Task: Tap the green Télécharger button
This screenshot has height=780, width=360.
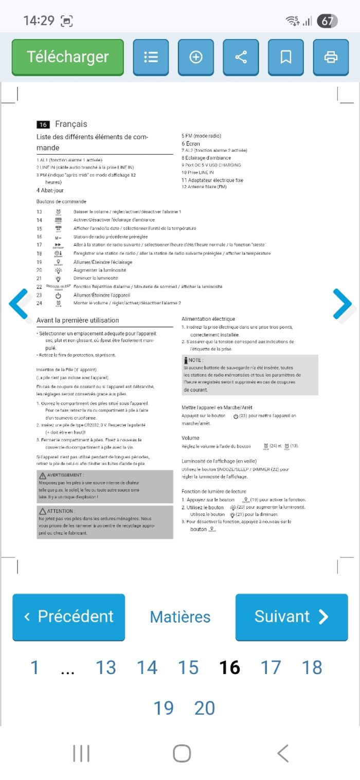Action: (68, 57)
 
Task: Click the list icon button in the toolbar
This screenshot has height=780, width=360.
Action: (151, 57)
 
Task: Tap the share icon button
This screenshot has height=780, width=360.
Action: (241, 57)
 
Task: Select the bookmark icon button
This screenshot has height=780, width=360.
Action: (285, 57)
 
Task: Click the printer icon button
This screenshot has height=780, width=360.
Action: (330, 57)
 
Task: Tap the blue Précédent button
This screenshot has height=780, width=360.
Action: (68, 616)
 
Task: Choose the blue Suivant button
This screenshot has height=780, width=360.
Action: (292, 616)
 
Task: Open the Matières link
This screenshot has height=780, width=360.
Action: (180, 617)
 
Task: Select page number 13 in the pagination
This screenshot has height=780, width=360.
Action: (106, 667)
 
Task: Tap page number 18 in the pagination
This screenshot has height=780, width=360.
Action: (312, 667)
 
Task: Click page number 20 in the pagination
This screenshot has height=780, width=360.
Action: (204, 708)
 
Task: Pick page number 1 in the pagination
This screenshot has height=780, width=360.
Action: (34, 667)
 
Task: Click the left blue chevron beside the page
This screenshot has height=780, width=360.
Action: (19, 304)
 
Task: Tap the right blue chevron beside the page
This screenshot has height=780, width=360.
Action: (342, 304)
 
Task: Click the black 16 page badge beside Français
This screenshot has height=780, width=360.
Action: (43, 124)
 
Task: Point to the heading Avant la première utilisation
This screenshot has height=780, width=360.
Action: (78, 320)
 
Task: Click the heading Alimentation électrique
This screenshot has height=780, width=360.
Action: (208, 319)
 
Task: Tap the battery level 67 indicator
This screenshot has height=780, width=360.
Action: (327, 21)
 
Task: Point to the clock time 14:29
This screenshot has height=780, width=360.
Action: (39, 21)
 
